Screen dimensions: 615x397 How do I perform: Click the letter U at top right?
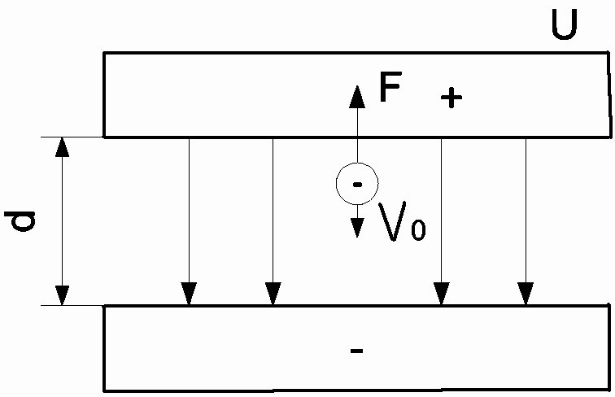tap(564, 24)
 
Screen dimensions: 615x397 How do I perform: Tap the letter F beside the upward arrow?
tap(390, 87)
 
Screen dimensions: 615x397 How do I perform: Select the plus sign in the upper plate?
tap(451, 97)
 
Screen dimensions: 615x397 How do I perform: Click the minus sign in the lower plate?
tap(356, 351)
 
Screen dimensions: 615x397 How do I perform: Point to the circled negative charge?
tap(357, 184)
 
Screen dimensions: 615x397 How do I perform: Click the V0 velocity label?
tap(402, 221)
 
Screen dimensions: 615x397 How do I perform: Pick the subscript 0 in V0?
tap(418, 229)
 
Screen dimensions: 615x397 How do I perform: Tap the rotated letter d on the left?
tap(20, 221)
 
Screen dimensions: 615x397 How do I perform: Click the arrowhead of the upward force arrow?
tap(357, 97)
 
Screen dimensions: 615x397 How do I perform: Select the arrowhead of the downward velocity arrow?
tap(357, 228)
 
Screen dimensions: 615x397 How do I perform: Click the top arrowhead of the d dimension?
tap(62, 147)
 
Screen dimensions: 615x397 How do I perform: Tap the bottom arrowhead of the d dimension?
tap(62, 295)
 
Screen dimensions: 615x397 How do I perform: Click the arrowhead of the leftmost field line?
tap(189, 294)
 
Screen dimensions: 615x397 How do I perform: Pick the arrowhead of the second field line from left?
tap(273, 294)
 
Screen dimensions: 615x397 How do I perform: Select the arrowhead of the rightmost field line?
tap(526, 294)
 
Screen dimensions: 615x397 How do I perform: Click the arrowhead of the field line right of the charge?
tap(442, 294)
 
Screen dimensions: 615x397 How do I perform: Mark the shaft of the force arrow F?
tap(357, 135)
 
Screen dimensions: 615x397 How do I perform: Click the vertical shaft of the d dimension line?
tap(62, 221)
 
